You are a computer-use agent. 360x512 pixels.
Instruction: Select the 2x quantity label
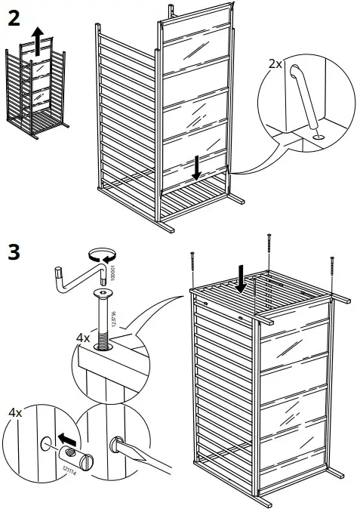pyautogui.click(x=276, y=65)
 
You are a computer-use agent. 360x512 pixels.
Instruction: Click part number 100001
pyautogui.click(x=112, y=271)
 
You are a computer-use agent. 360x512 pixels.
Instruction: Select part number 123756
pyautogui.click(x=112, y=316)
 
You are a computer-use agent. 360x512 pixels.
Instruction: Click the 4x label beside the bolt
pyautogui.click(x=83, y=338)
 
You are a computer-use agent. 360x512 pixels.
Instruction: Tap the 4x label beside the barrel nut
pyautogui.click(x=14, y=414)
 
